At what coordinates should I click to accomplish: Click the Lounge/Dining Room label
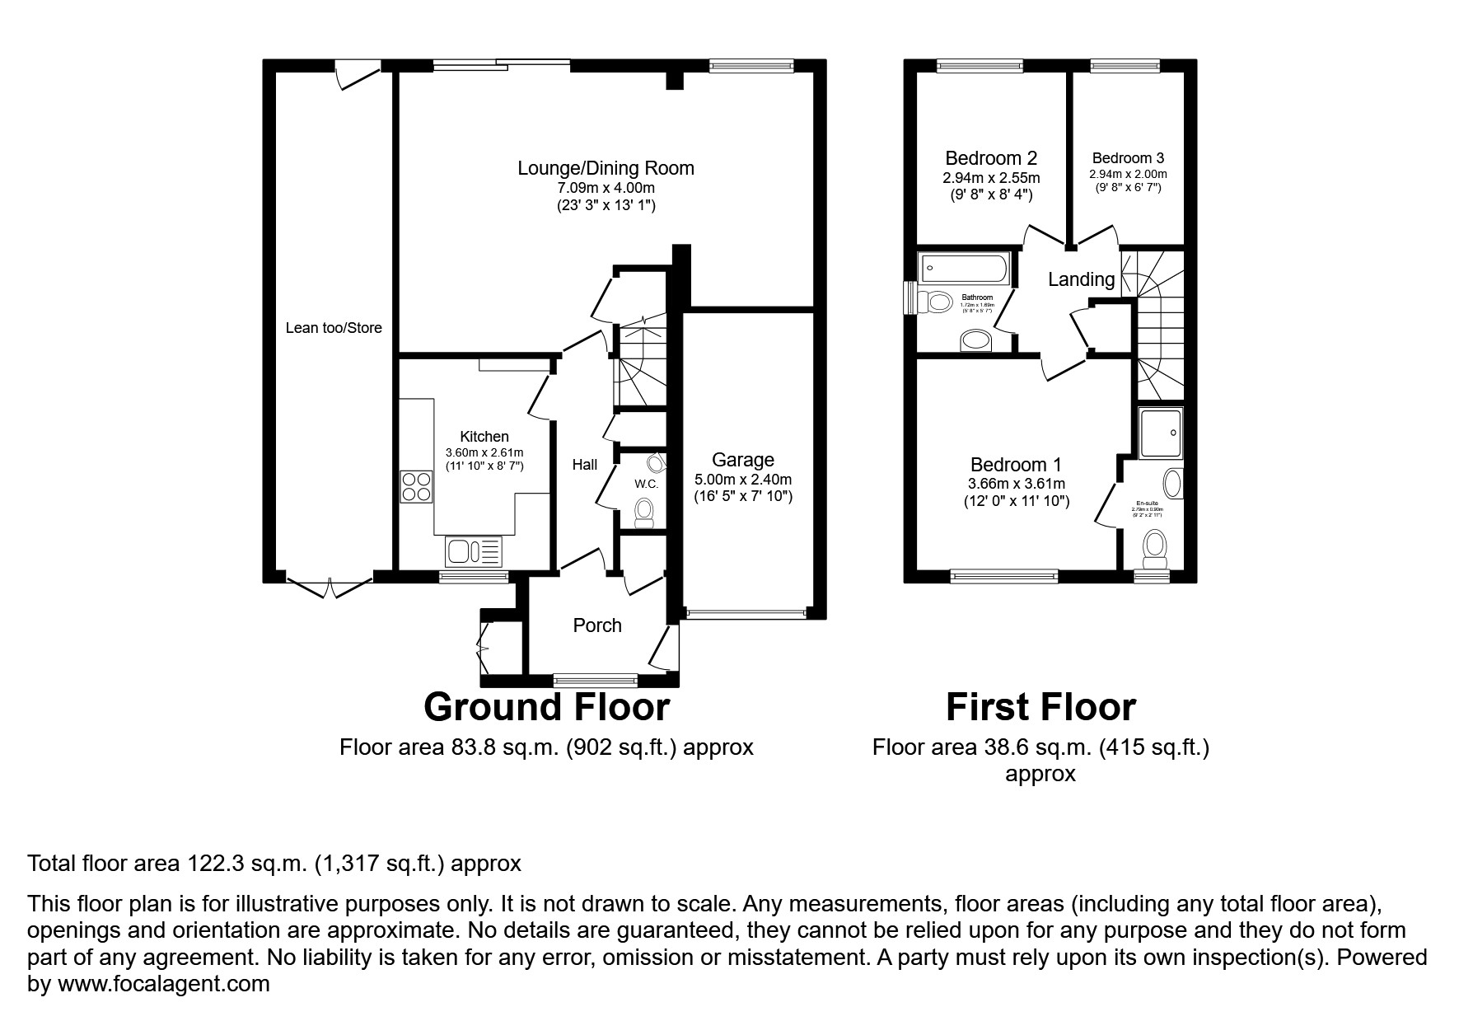pos(606,168)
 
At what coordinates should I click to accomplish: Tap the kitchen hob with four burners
pos(416,486)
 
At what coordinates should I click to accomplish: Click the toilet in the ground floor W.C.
pos(645,513)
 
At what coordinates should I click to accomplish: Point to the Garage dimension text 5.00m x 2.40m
pos(742,480)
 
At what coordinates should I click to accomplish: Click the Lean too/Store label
pos(334,328)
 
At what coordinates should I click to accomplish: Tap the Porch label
pos(597,625)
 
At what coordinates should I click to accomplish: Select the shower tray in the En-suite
pos(1160,433)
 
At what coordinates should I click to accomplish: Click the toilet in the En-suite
pos(1155,548)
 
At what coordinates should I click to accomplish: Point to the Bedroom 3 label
pos(1128,158)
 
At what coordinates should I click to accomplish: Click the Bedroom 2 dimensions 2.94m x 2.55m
pos(991,178)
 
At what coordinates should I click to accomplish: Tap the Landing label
pos(1081,279)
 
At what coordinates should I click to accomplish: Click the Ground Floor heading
pos(546,707)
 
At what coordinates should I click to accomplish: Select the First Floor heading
pos(1040,707)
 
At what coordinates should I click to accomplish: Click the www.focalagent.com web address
pos(162,984)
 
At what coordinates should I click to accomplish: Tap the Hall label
pos(585,465)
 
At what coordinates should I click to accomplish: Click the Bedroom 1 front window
pos(1004,576)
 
